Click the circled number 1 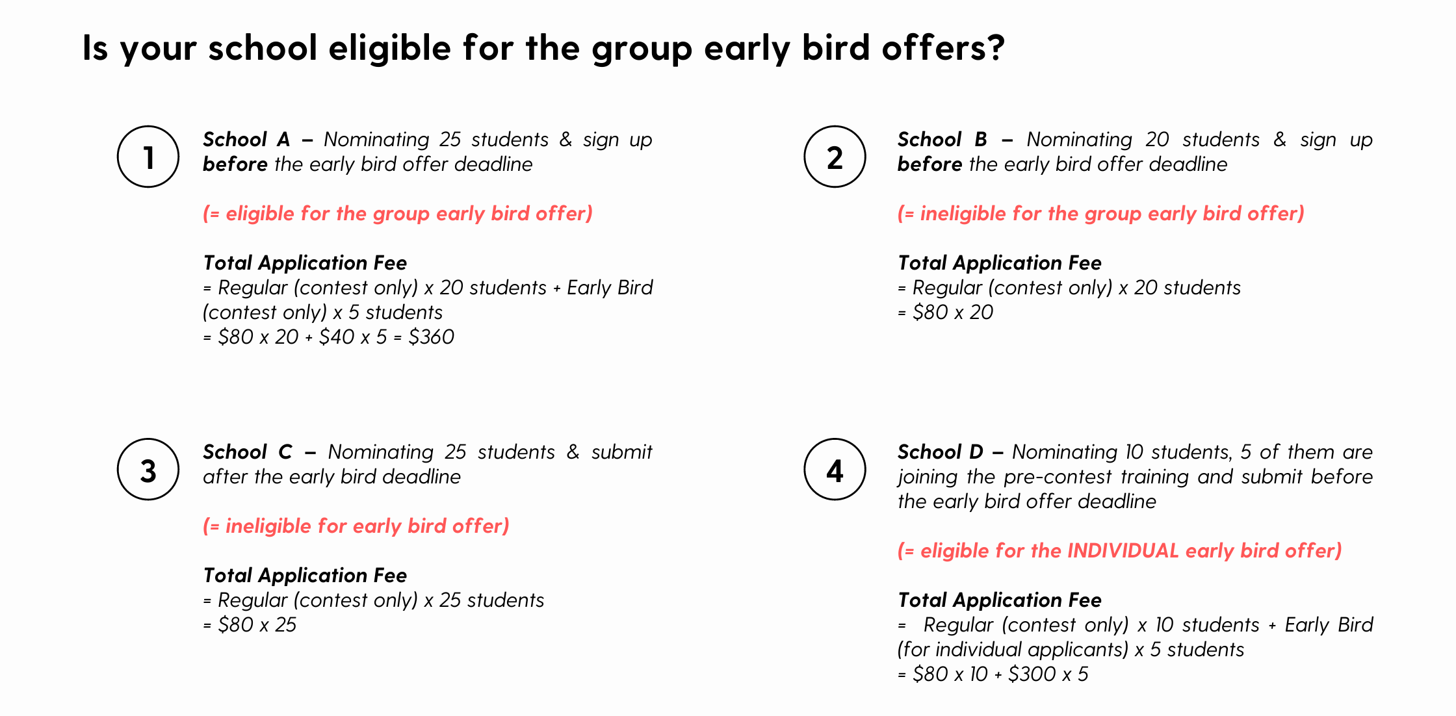(x=148, y=157)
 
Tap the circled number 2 (x=835, y=157)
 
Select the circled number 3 (x=148, y=469)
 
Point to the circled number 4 (x=835, y=469)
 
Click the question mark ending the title (x=995, y=47)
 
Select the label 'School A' (x=246, y=139)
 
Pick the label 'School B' (x=942, y=139)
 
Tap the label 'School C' (x=248, y=452)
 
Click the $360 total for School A (x=431, y=337)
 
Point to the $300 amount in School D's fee (x=1032, y=674)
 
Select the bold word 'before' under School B (x=929, y=164)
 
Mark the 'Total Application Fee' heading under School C (x=305, y=575)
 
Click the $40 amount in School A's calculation (x=336, y=337)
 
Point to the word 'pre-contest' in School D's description (x=1058, y=476)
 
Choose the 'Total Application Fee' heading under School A (x=305, y=262)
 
